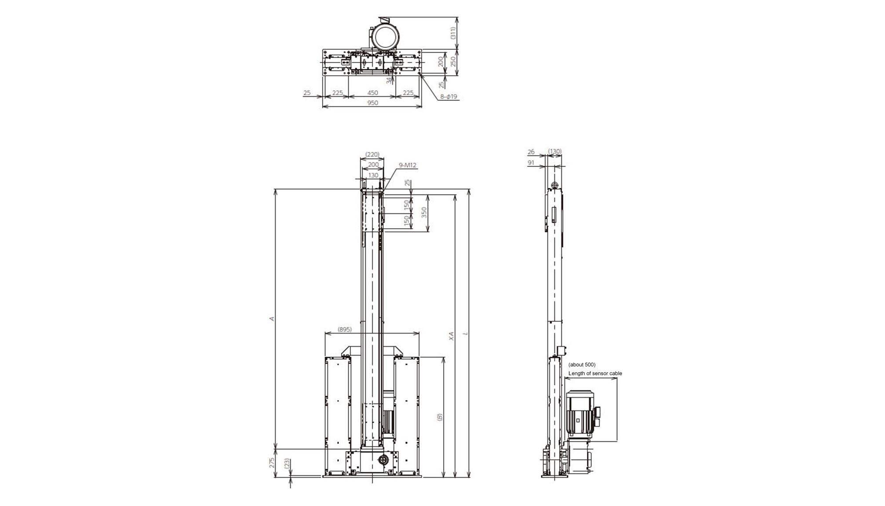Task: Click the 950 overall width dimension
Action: click(372, 103)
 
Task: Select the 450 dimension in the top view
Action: click(372, 93)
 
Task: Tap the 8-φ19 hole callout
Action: click(449, 96)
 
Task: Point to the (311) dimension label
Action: click(453, 33)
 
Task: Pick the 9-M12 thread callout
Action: click(408, 165)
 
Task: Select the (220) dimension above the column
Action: click(372, 154)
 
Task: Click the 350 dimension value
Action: click(424, 213)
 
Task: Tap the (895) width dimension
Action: click(345, 329)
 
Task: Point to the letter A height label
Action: click(272, 319)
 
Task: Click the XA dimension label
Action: click(451, 336)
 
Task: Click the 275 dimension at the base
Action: click(272, 463)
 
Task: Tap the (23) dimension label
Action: click(287, 463)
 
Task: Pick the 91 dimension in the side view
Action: click(531, 163)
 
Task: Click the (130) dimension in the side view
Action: click(555, 151)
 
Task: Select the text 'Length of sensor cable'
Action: click(595, 374)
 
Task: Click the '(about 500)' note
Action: click(582, 365)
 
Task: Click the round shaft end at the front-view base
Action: click(383, 460)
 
